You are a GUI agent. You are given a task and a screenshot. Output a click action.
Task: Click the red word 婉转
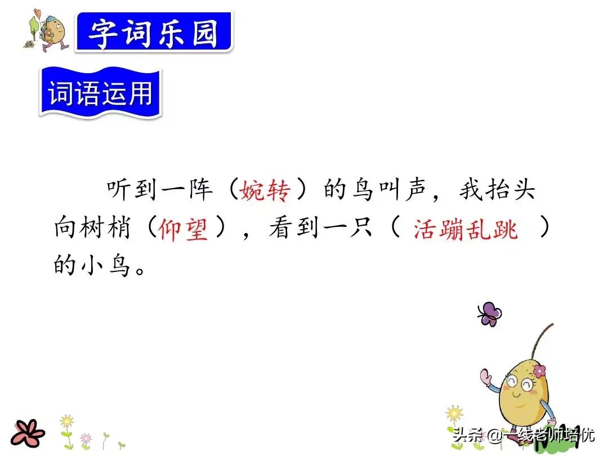[x=265, y=190]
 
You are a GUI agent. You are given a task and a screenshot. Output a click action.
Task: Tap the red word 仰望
[x=184, y=228]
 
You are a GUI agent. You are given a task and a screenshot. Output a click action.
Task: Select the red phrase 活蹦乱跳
[x=466, y=229]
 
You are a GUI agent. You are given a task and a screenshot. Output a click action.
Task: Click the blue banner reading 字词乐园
[x=154, y=32]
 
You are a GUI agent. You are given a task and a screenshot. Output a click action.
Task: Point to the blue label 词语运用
[x=100, y=92]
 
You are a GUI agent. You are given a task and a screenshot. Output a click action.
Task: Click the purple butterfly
[x=489, y=314]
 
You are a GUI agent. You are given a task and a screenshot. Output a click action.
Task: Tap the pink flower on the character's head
[x=539, y=370]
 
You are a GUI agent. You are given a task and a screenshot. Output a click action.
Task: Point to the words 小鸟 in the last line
[x=105, y=265]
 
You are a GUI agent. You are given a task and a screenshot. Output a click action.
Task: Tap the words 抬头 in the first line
[x=511, y=190]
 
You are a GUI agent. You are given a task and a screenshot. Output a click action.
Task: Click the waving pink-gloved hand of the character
[x=486, y=376]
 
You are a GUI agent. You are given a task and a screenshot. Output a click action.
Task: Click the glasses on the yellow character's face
[x=520, y=383]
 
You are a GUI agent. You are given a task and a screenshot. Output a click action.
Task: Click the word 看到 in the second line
[x=294, y=228]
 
